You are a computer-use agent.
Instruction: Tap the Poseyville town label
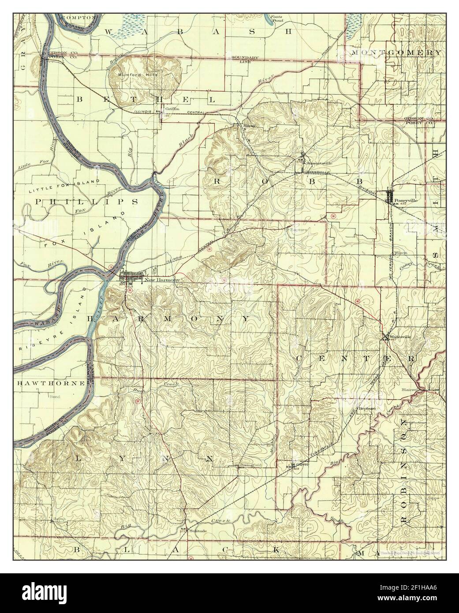pyautogui.click(x=406, y=199)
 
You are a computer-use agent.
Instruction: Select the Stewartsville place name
pyautogui.click(x=319, y=163)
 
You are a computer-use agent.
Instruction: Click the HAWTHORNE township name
pyautogui.click(x=51, y=384)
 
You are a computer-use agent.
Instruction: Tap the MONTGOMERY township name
pyautogui.click(x=396, y=52)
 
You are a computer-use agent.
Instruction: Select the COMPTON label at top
pyautogui.click(x=79, y=17)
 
